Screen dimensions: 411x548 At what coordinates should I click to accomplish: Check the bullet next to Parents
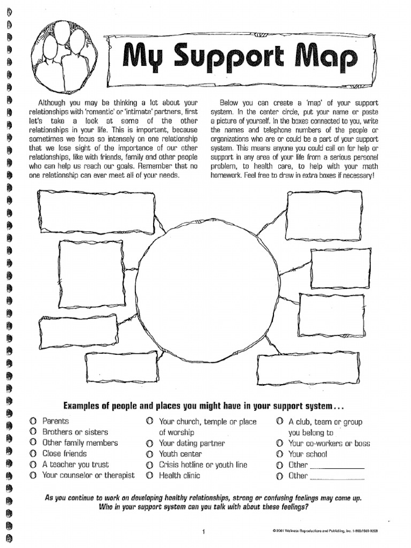point(33,421)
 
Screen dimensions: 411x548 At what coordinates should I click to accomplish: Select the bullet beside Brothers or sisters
point(33,432)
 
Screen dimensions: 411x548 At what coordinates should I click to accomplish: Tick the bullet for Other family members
point(33,443)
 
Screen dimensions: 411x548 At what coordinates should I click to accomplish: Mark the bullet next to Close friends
point(33,454)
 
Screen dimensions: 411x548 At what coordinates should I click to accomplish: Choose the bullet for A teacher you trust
point(33,465)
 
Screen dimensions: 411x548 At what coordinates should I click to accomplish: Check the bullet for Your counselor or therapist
point(33,475)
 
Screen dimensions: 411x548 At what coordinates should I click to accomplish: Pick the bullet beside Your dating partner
point(150,444)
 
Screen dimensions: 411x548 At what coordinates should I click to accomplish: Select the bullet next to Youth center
point(150,454)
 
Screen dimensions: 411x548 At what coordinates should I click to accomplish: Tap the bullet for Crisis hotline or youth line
point(150,465)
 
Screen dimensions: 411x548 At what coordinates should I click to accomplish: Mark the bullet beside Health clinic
point(150,476)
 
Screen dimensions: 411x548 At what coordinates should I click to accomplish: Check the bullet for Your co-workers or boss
point(279,444)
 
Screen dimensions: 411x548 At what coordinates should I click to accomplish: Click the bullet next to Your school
point(279,454)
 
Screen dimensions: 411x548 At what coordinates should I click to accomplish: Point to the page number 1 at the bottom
point(204,531)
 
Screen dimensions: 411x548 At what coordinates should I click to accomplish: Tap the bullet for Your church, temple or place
point(150,422)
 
